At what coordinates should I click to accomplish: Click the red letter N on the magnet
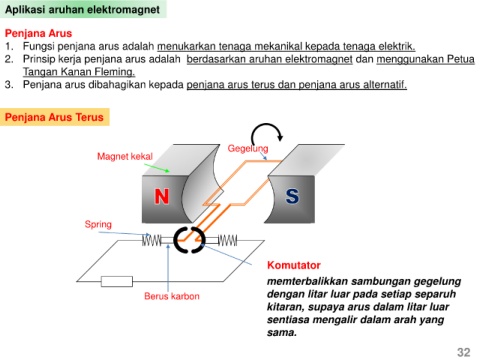[x=162, y=196]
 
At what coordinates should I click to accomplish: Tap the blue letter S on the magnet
[x=292, y=196]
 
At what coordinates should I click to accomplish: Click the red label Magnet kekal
[x=125, y=156]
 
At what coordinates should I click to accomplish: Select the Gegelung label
[x=248, y=149]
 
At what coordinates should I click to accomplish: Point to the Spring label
[x=98, y=224]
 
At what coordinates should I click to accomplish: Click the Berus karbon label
[x=172, y=296]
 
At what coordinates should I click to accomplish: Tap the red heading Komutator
[x=294, y=265]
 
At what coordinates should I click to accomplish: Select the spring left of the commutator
[x=151, y=240]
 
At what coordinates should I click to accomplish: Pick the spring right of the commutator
[x=228, y=240]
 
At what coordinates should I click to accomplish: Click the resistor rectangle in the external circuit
[x=117, y=281]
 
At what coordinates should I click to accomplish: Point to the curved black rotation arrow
[x=266, y=126]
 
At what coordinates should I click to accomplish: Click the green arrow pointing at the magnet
[x=157, y=168]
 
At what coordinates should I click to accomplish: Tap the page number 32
[x=464, y=352]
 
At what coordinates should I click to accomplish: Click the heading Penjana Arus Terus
[x=54, y=117]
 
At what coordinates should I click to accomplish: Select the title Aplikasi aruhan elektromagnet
[x=82, y=10]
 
